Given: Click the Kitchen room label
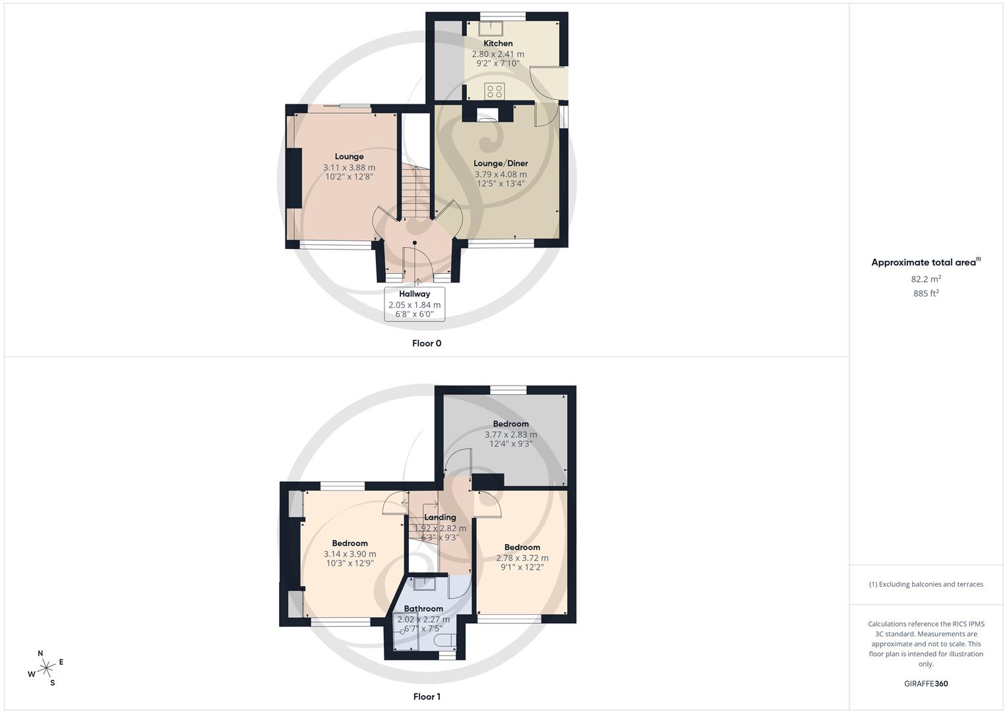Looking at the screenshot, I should [498, 44].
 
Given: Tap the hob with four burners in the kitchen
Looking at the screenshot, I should [495, 91].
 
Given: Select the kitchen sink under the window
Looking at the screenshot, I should [491, 27].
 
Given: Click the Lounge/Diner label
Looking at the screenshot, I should [501, 164].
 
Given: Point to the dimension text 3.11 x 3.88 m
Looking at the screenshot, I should [349, 168].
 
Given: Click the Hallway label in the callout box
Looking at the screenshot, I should [414, 294].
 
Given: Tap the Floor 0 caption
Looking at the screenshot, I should [427, 343].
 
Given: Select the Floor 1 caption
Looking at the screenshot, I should [427, 696].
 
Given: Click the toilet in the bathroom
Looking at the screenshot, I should [446, 640].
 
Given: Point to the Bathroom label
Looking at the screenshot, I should [423, 609].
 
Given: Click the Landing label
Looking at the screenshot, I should [440, 518].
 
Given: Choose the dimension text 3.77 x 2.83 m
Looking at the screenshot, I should [510, 434].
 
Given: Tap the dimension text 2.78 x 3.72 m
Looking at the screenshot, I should [522, 558].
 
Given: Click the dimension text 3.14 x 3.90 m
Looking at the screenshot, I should [350, 554].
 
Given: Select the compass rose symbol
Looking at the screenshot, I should [46, 668].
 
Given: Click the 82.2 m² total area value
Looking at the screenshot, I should [926, 279].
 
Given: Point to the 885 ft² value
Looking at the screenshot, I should [926, 294].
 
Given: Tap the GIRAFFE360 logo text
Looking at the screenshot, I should [926, 684].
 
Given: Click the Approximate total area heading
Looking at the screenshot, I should [925, 262].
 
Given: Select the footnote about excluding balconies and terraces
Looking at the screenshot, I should [926, 584].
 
